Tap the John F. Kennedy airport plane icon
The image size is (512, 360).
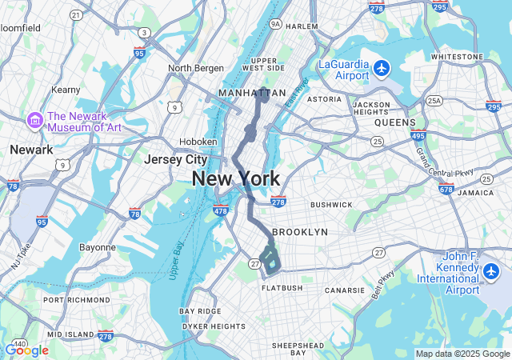[x=492, y=272]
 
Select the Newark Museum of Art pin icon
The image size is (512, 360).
[x=34, y=120]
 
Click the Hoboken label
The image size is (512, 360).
[x=198, y=142]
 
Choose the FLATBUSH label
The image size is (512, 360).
[x=282, y=287]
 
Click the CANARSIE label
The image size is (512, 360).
[x=346, y=289]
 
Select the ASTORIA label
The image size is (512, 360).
[x=325, y=99]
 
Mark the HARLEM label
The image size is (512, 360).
[x=302, y=26]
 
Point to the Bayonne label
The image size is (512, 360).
[x=98, y=247]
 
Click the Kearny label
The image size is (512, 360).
[x=66, y=90]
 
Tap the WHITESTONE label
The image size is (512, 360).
[x=456, y=57]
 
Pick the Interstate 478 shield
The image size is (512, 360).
[x=221, y=211]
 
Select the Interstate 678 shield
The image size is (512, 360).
[x=446, y=189]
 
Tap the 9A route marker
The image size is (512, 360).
[x=276, y=24]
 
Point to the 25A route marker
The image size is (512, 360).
[x=434, y=101]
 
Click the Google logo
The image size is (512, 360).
[x=26, y=350]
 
